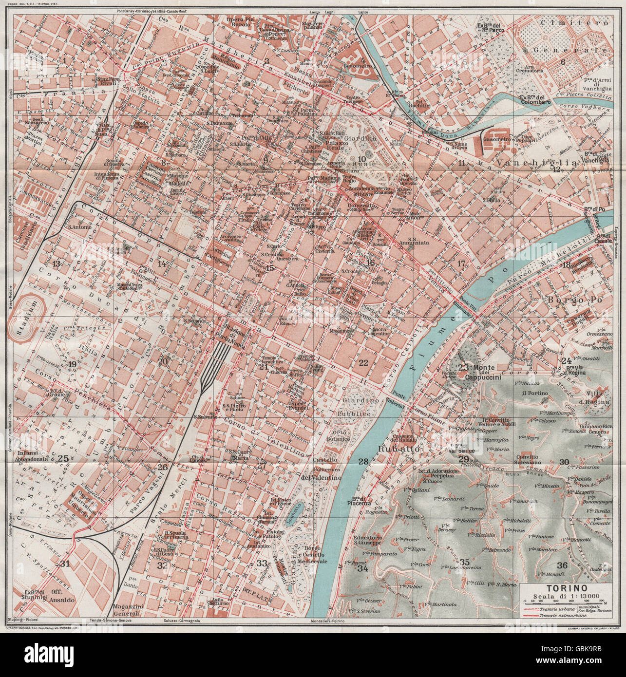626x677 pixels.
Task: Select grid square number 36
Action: coord(562,565)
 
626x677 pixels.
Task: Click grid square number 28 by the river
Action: coord(363,461)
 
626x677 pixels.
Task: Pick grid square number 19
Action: coord(73,364)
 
